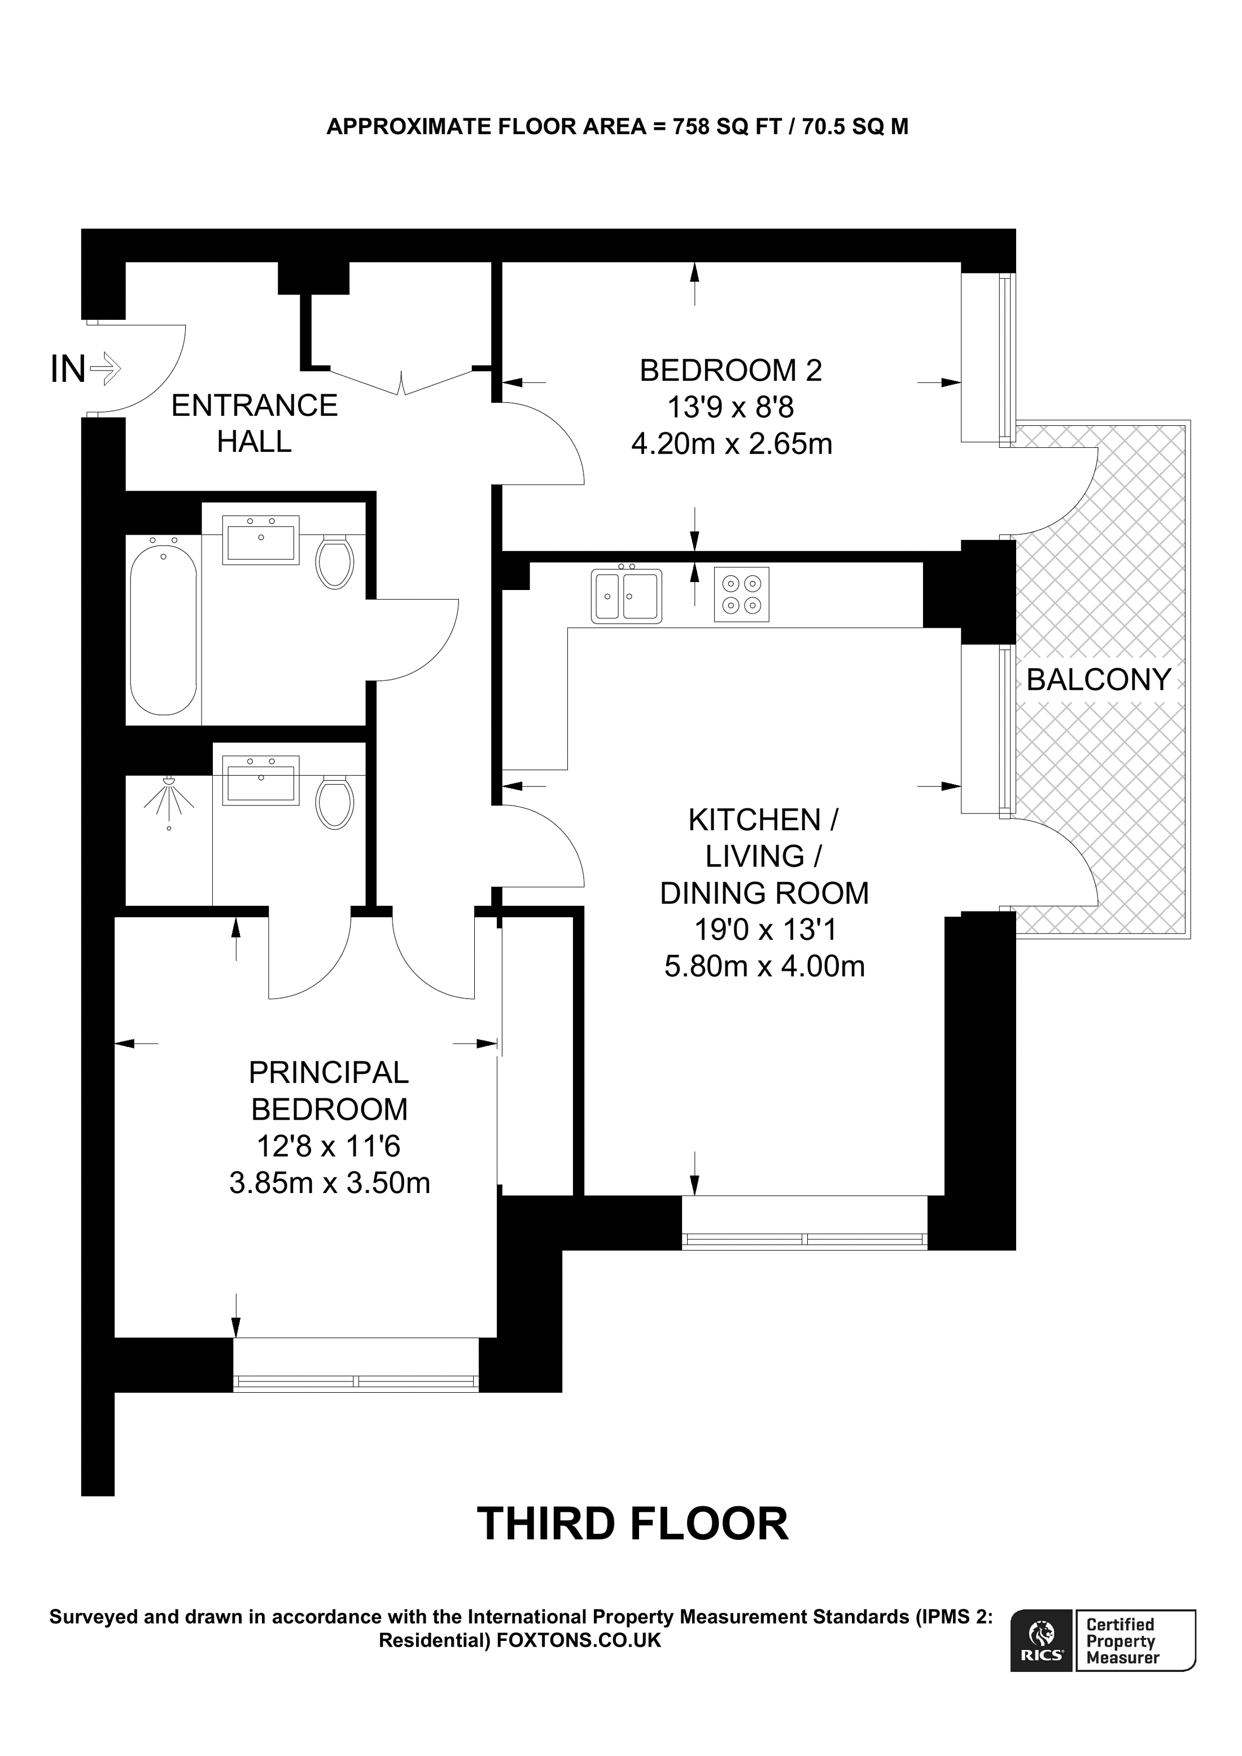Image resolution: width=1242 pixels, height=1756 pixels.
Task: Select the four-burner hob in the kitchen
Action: pyautogui.click(x=741, y=594)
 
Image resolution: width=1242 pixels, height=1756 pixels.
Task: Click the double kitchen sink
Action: pyautogui.click(x=626, y=596)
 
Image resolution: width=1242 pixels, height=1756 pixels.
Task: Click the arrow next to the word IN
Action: pyautogui.click(x=106, y=369)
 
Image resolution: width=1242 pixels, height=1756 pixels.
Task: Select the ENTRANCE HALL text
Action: pyautogui.click(x=254, y=423)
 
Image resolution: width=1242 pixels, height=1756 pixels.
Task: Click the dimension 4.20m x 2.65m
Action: pyautogui.click(x=732, y=443)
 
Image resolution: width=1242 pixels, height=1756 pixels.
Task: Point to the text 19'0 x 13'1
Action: pyautogui.click(x=764, y=929)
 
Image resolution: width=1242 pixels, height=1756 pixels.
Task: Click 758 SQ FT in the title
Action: pyautogui.click(x=726, y=126)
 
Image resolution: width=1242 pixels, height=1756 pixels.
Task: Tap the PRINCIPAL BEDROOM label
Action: pyautogui.click(x=329, y=1090)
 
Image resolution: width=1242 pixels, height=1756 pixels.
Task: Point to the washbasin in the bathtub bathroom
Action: pyautogui.click(x=260, y=540)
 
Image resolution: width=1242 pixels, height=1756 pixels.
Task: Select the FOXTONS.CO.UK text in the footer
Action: pyautogui.click(x=579, y=1640)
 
